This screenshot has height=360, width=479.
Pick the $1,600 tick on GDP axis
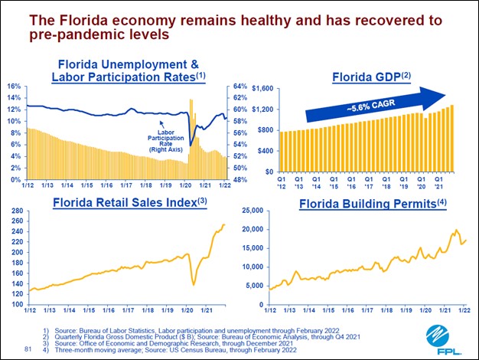pyautogui.click(x=262, y=89)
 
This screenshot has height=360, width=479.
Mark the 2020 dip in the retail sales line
pyautogui.click(x=171, y=284)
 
